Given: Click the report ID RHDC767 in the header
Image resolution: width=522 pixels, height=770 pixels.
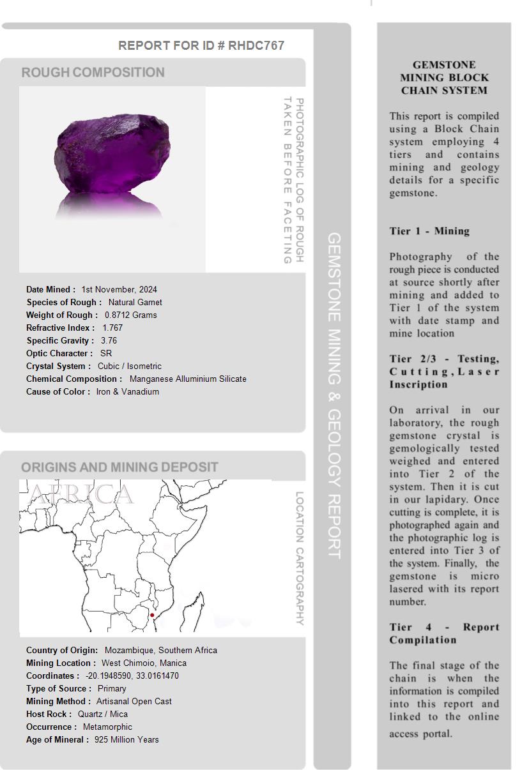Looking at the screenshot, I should pos(256,45).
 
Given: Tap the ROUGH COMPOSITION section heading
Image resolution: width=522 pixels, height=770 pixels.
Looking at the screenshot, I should pos(93,72).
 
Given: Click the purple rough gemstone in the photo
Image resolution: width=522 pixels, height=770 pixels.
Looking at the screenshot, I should pos(113,154).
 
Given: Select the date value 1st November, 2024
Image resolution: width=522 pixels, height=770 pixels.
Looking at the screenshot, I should pos(119,289).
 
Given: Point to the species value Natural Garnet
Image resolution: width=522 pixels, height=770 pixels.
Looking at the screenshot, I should pos(135,302).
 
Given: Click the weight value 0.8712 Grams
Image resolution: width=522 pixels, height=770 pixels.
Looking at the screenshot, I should pos(130,315).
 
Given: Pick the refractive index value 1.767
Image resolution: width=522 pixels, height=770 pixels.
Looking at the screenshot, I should pos(112,328).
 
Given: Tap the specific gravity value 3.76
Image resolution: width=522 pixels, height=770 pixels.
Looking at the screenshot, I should pos(109,340).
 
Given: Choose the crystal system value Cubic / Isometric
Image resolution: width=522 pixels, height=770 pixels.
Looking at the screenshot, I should pos(129,366).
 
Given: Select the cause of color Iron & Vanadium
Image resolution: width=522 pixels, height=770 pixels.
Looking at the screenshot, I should pos(127,391).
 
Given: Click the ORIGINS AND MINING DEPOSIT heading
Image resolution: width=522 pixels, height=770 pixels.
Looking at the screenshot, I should pos(119,467).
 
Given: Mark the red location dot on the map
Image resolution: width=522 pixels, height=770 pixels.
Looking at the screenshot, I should pos(152,615).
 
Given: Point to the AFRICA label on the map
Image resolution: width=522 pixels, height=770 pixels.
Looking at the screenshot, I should pos(81,494).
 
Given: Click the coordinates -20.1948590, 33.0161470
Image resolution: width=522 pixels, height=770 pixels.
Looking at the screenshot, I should pos(132,676).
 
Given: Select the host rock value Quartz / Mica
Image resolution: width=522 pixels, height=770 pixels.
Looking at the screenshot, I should pos(102,714).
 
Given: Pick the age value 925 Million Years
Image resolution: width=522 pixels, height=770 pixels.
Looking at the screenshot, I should pos(127,739).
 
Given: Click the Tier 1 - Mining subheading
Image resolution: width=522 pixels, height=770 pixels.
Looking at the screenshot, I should pos(429,231).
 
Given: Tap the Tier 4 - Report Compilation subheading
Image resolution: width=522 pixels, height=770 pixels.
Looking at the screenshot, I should pos(444,633).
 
